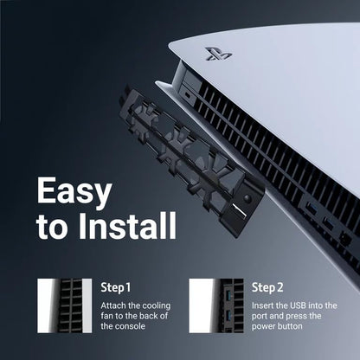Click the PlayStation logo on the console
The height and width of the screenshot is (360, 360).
[x=219, y=53]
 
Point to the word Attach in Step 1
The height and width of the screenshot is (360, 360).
[x=115, y=305]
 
